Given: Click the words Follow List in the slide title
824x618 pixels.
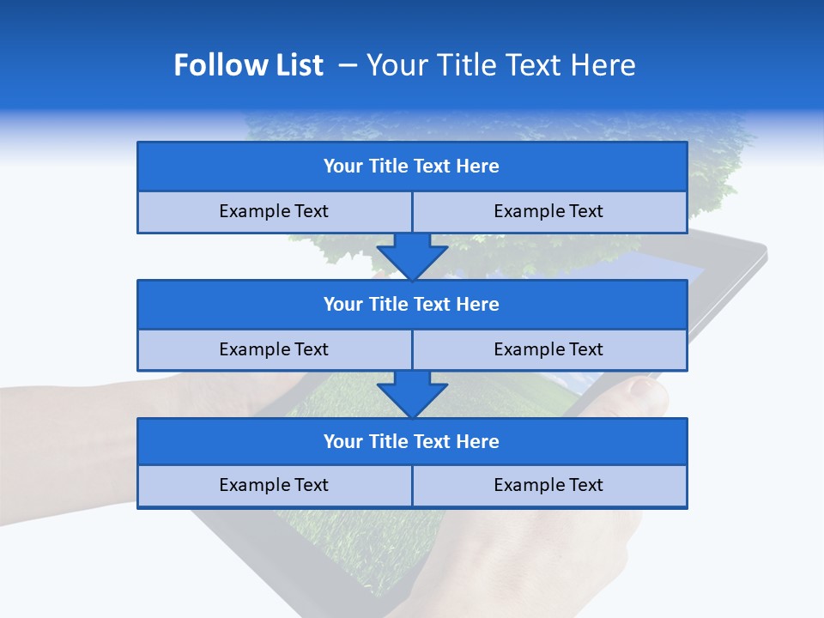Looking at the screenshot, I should pyautogui.click(x=248, y=65).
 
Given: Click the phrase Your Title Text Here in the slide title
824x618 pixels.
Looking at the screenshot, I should pyautogui.click(x=500, y=65).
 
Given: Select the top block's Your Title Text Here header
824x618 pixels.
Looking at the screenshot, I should pyautogui.click(x=411, y=167).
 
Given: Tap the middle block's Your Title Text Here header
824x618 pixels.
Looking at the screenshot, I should pyautogui.click(x=411, y=305).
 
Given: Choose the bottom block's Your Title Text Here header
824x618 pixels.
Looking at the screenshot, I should pyautogui.click(x=411, y=442).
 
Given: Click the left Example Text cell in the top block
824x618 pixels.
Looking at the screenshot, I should pyautogui.click(x=274, y=212).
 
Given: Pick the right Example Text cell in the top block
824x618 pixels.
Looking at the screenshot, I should pyautogui.click(x=548, y=212).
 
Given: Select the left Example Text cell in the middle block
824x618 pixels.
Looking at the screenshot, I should pyautogui.click(x=274, y=350).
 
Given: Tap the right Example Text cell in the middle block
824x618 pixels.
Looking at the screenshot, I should pyautogui.click(x=548, y=350).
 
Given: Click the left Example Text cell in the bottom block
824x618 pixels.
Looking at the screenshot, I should pyautogui.click(x=274, y=486).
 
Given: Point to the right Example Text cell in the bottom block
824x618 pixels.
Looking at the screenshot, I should pyautogui.click(x=548, y=486).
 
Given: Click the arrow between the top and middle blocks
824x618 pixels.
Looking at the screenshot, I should pyautogui.click(x=412, y=256).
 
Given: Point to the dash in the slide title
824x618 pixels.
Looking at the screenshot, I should pyautogui.click(x=348, y=65).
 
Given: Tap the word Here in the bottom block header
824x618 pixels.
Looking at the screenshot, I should pyautogui.click(x=478, y=442).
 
